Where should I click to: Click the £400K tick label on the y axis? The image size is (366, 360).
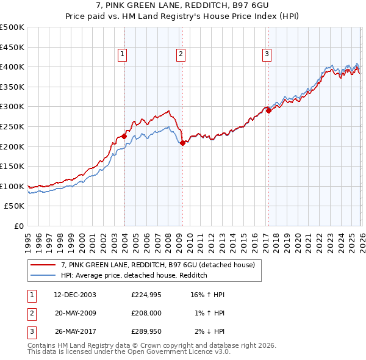coord(12,67)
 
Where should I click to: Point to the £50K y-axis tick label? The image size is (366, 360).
coord(14,206)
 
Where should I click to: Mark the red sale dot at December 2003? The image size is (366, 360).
coord(124,137)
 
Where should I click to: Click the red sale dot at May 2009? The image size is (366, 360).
coord(183,143)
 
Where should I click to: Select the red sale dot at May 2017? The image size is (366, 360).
coord(268,111)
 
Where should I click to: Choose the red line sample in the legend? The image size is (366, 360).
coord(43,265)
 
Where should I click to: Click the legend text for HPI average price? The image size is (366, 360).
coord(134,275)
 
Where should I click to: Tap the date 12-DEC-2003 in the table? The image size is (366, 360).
coord(75,295)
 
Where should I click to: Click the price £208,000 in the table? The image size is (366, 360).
coord(146,313)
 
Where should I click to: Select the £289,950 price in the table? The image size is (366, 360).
coord(146,331)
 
